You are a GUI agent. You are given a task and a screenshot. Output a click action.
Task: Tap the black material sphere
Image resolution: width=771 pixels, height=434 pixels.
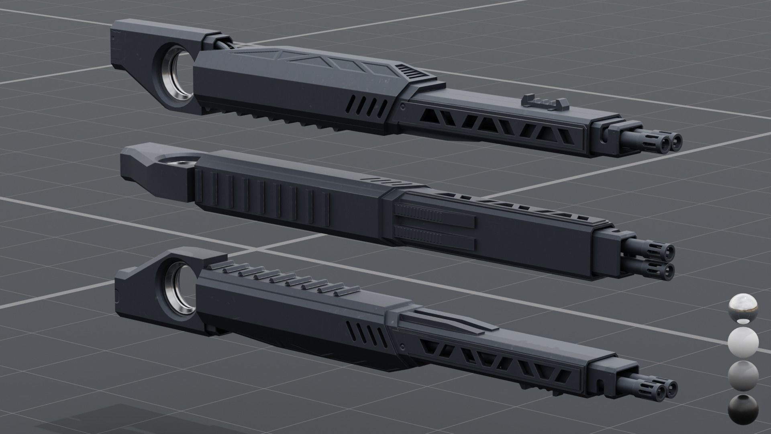point(743,409)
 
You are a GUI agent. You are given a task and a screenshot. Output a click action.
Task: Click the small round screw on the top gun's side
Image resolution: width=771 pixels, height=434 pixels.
point(402,107)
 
